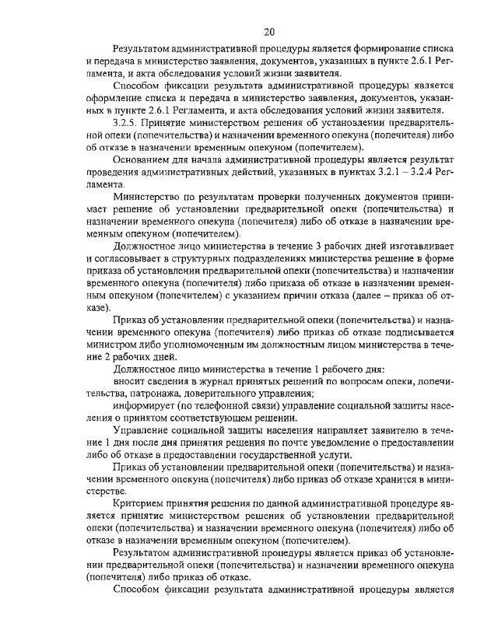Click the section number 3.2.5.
128,122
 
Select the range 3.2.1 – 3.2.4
403,171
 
